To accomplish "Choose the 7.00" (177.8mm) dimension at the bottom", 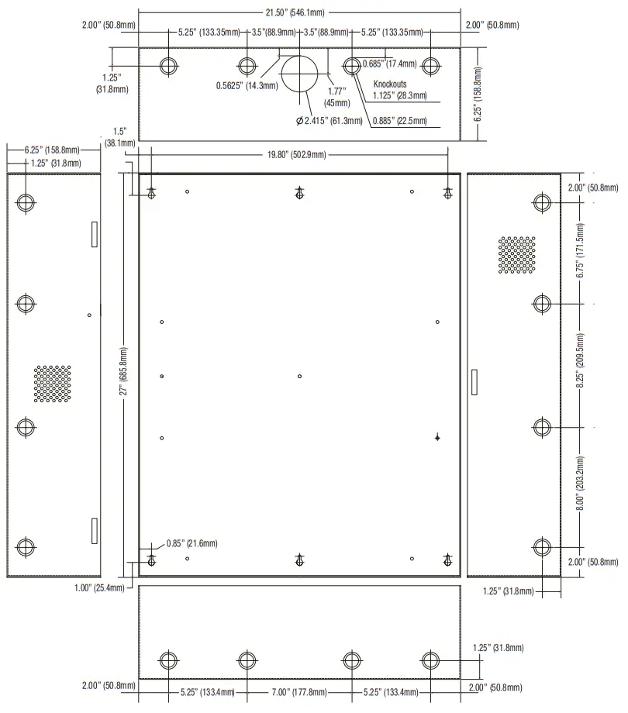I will click(298, 691).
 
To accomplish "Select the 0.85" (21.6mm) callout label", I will click(192, 543).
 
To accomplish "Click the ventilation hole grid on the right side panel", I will click(516, 256).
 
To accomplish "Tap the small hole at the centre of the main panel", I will click(300, 377).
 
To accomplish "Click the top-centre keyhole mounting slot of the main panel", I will click(299, 193).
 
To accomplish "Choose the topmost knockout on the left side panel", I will click(26, 203).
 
